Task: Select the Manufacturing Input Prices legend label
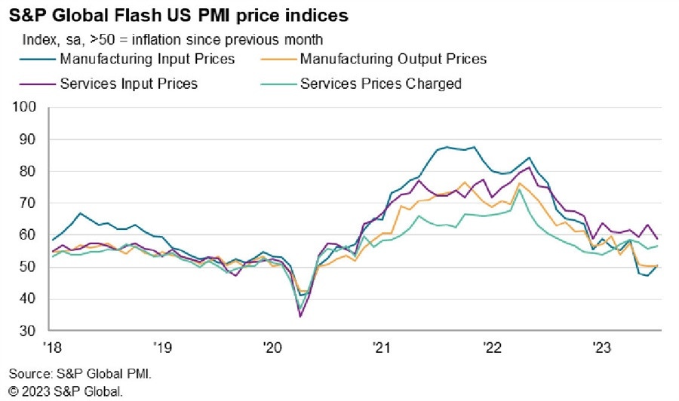[x=147, y=59]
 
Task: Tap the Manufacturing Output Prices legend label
[x=393, y=59]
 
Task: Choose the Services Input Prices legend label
[x=128, y=84]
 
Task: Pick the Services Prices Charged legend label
[x=380, y=84]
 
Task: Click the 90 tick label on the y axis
[x=27, y=139]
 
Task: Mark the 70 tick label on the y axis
[x=27, y=204]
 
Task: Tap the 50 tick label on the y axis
[x=27, y=268]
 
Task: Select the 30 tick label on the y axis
[x=27, y=331]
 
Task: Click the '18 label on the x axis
[x=51, y=348]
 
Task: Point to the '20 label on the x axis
[x=272, y=348]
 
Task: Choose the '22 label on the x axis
[x=492, y=348]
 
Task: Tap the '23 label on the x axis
[x=602, y=348]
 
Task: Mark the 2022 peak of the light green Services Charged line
[x=520, y=189]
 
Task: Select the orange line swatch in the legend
[x=276, y=59]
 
